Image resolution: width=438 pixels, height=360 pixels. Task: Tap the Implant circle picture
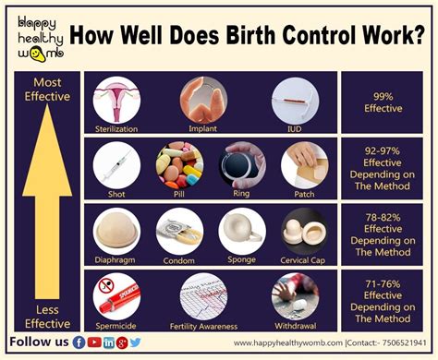tap(203, 99)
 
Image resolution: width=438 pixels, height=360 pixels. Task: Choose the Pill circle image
tap(180, 164)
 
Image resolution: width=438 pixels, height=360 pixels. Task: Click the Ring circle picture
tap(242, 164)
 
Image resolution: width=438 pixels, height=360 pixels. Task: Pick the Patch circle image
tap(304, 164)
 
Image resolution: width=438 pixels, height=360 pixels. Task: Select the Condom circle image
tap(178, 231)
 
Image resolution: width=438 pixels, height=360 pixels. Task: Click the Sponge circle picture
tap(241, 231)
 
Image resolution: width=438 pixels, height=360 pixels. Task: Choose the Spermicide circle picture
tap(117, 297)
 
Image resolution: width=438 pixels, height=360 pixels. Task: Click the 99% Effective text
tap(383, 102)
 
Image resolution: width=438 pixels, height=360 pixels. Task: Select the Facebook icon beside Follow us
tap(79, 342)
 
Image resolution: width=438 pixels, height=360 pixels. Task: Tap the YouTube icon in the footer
tap(94, 342)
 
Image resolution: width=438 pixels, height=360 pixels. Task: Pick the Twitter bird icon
tap(136, 342)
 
